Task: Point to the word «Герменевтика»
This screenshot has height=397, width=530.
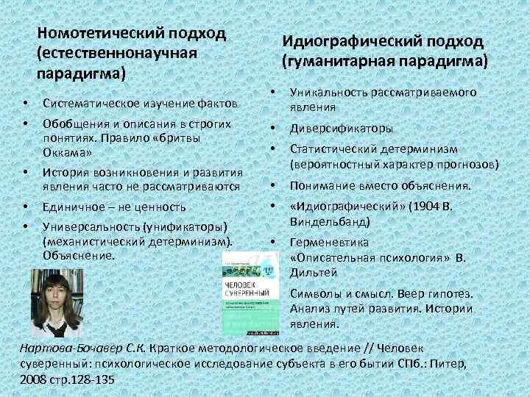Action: tap(329, 242)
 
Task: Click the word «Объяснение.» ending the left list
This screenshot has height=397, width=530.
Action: tap(79, 256)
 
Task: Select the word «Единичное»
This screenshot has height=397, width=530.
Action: tap(73, 208)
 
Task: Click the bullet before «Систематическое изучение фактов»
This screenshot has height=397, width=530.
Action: tap(25, 100)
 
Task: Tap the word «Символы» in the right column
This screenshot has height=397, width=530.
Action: tap(317, 293)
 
